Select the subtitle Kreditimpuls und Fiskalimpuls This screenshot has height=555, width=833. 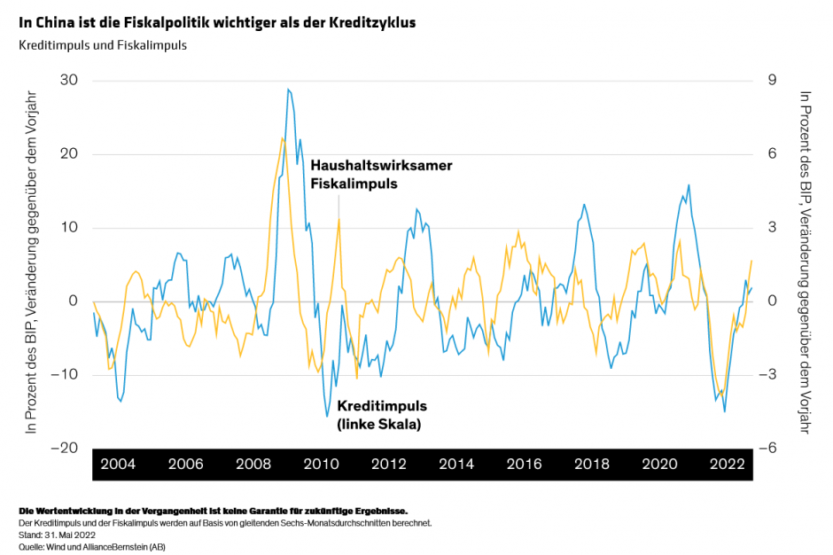coord(102,44)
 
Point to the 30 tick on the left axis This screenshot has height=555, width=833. coord(68,81)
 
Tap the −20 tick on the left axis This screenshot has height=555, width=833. coord(64,448)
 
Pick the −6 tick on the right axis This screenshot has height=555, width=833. coord(768,448)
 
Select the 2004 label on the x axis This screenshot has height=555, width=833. coord(118,465)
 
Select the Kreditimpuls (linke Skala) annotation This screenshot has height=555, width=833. coord(381,415)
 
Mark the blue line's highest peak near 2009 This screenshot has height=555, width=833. coord(288,90)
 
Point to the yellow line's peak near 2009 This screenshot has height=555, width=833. coord(282,137)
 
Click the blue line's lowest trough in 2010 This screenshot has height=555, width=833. coord(327,416)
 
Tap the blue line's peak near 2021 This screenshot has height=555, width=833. coord(689,185)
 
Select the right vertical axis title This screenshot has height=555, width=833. coord(805,262)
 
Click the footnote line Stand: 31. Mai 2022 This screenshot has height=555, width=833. coord(57,535)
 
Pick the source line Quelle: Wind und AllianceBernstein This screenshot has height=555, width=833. coord(91,547)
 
